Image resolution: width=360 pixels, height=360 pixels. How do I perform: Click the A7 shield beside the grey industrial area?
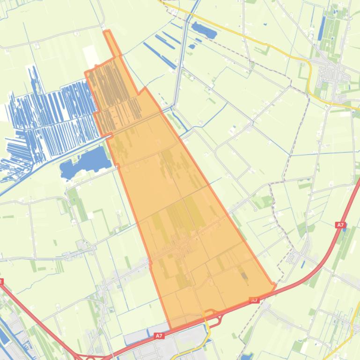tap(159, 336)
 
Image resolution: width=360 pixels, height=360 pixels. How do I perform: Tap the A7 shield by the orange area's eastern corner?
tap(254, 301)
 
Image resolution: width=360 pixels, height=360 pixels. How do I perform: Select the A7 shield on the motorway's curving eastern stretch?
tap(340, 225)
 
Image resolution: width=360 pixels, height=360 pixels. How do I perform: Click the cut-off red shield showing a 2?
tap(1, 282)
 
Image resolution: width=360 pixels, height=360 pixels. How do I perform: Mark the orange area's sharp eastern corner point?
tap(274, 285)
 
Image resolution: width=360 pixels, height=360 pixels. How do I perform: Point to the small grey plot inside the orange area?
tap(244, 275)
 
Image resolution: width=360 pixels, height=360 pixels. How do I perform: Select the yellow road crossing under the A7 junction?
tap(207, 327)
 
